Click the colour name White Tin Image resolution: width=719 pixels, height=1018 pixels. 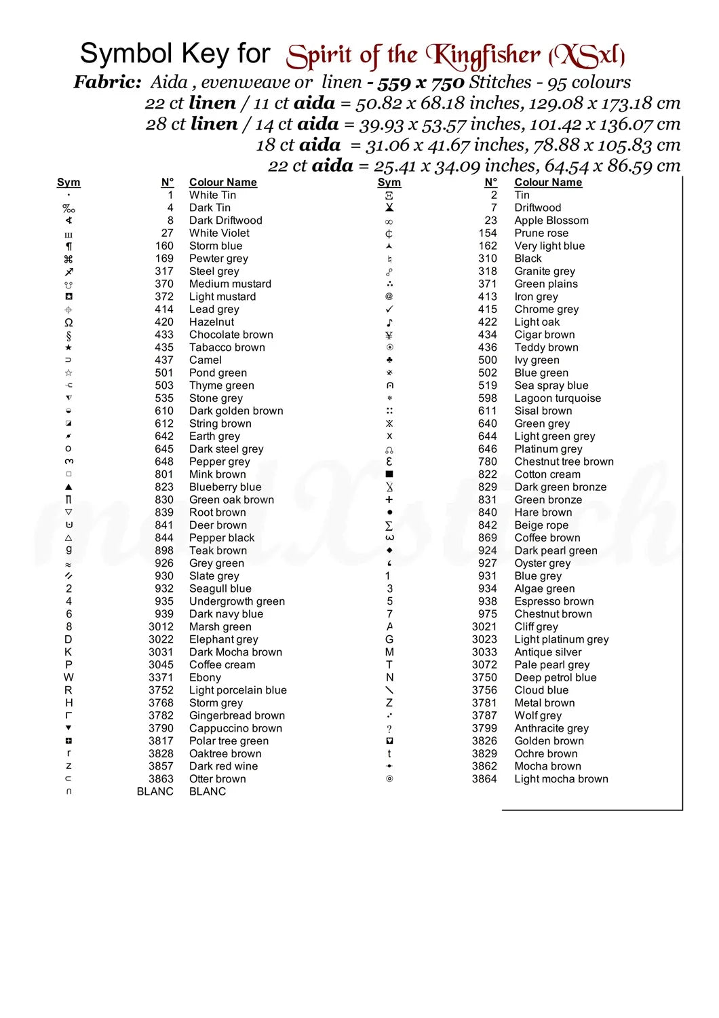pos(212,195)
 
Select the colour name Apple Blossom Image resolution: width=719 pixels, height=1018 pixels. pos(551,221)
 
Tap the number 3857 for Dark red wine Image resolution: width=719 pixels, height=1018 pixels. pos(161,766)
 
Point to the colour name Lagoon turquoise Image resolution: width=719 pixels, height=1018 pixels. pos(557,398)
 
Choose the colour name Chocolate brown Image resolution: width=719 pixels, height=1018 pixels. pos(231,335)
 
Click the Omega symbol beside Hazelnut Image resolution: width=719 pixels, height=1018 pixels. pos(69,322)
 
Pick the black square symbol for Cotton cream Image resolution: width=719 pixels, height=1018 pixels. pos(389,474)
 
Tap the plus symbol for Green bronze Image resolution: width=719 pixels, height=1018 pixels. pos(389,499)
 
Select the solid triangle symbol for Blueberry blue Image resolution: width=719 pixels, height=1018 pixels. pos(69,487)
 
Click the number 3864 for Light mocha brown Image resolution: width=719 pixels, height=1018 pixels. pos(484,779)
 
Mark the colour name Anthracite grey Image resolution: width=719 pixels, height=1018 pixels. pos(551,728)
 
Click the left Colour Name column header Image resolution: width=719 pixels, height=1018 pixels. pos(222,183)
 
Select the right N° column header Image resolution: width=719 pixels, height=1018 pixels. pos(491,183)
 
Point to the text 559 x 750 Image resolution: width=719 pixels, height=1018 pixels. pos(421,83)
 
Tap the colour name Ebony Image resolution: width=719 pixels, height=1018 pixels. pos(205,677)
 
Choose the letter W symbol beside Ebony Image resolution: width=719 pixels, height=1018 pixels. pos(69,677)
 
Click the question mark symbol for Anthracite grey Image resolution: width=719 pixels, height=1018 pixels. pos(389,728)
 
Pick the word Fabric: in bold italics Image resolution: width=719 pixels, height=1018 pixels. pos(107,83)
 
